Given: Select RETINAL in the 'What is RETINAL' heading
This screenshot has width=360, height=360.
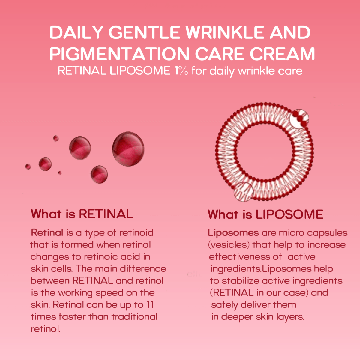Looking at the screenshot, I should click(106, 214).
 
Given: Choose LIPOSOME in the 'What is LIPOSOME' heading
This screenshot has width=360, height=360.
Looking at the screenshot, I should click(289, 214).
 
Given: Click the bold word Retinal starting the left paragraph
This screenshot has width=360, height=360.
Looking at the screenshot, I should click(47, 233).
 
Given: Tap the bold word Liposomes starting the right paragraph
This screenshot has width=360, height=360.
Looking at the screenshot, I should click(233, 233).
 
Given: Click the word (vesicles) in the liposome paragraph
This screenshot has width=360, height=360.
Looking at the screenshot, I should click(229, 245).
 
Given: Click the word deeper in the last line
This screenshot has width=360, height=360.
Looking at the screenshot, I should click(237, 317).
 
